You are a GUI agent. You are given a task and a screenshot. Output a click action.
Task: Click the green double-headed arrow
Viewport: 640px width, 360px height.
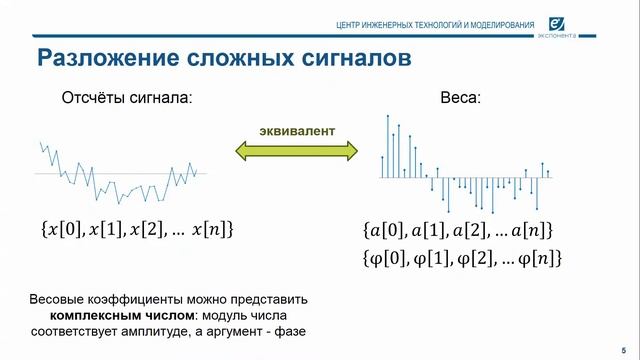point(296,151)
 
